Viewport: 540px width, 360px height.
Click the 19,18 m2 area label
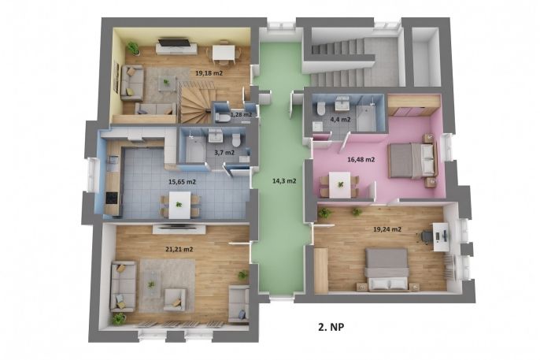[209, 73]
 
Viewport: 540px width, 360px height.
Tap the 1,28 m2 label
[241, 114]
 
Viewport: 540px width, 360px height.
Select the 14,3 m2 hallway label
[284, 180]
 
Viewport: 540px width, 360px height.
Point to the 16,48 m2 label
[361, 159]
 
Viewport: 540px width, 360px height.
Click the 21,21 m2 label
[179, 249]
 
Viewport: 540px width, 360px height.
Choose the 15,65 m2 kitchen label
[182, 182]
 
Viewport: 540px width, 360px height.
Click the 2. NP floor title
[331, 327]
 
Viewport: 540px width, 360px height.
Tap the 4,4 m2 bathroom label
[340, 120]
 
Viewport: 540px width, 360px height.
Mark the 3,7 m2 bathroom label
[224, 153]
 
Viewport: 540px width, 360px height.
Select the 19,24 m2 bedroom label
[387, 229]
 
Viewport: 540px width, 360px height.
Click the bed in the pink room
[412, 160]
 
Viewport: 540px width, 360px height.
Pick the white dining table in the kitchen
[179, 205]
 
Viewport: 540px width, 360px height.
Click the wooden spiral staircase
[195, 103]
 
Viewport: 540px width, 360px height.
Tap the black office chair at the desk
[426, 236]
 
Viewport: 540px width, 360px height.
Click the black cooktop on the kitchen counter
[112, 198]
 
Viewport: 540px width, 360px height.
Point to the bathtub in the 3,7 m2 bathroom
[194, 150]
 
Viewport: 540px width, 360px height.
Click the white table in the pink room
[339, 185]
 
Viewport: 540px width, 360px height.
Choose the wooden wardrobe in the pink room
[414, 105]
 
